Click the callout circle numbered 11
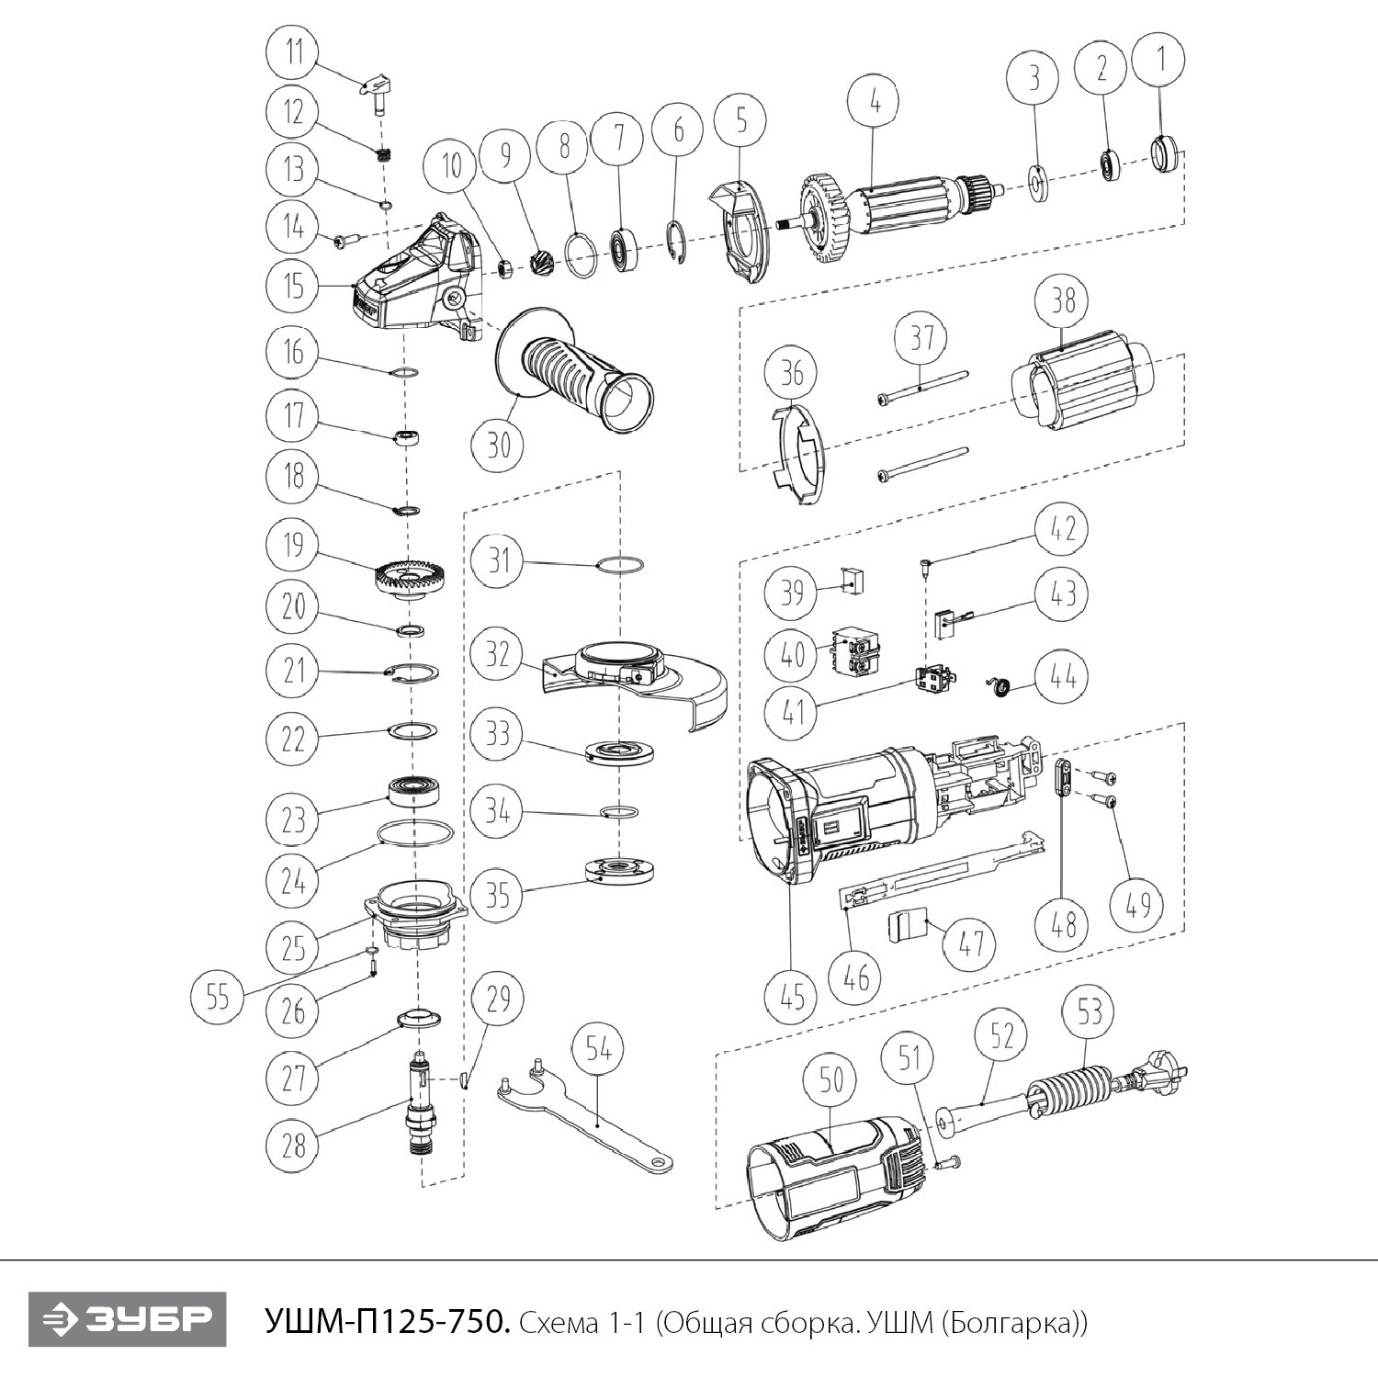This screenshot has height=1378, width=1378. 294,51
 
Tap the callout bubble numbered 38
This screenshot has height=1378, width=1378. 1063,299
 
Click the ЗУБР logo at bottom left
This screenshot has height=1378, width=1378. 126,1321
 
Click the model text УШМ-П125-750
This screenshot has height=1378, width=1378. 386,1322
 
